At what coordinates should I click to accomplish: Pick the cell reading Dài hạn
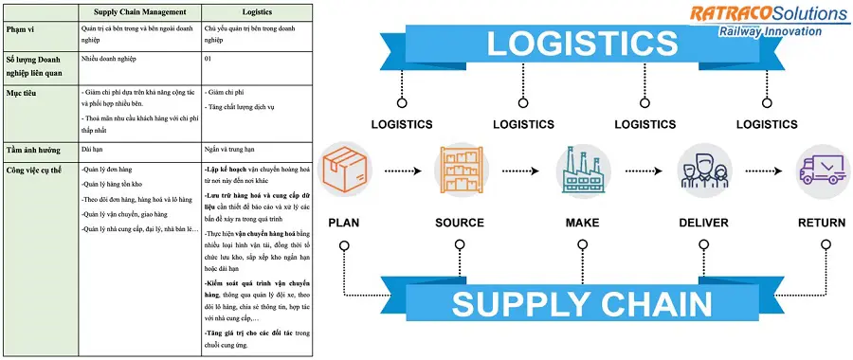coord(92,150)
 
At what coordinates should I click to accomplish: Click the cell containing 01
coord(209,60)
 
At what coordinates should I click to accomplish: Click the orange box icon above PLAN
coord(343,171)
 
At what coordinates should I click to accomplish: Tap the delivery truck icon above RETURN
coord(822,171)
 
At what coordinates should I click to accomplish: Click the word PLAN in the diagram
coord(343,223)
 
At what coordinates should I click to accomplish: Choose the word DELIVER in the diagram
coord(702,223)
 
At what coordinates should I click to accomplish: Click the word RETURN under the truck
coord(822,223)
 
